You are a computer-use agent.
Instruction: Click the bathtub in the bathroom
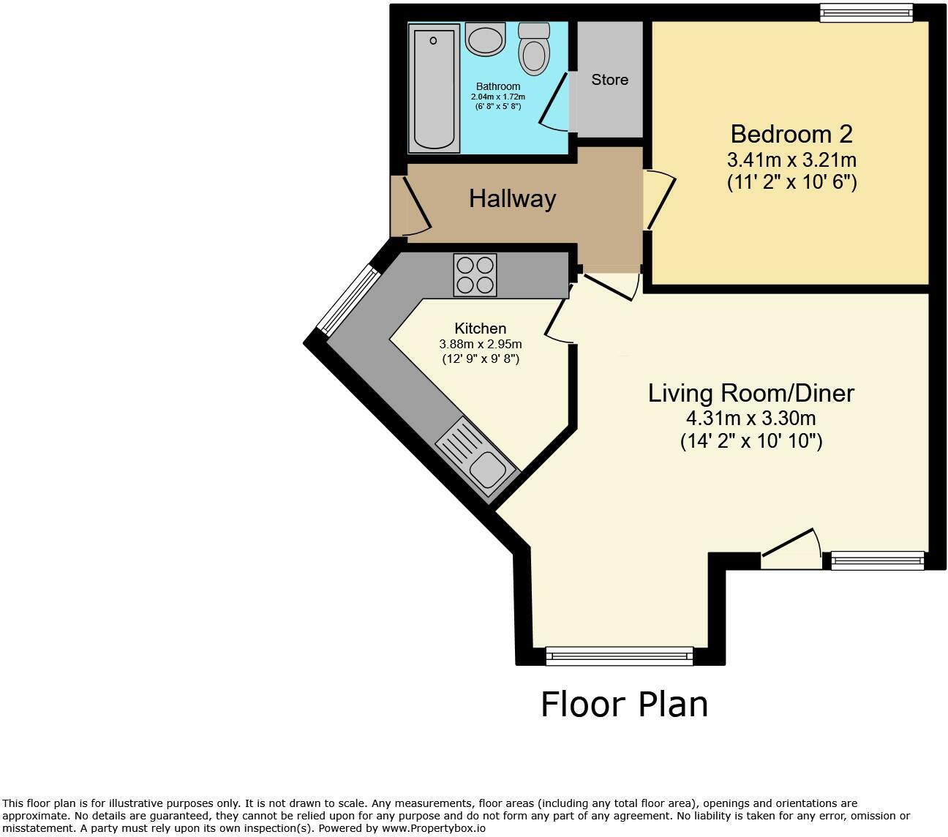point(434,88)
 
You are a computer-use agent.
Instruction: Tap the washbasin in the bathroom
point(485,39)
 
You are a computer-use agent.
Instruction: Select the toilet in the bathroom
point(534,50)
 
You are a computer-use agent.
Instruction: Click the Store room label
point(609,80)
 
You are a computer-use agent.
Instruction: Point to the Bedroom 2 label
point(791,134)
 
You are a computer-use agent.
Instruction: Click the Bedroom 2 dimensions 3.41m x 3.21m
point(791,159)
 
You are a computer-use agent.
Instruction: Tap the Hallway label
point(512,199)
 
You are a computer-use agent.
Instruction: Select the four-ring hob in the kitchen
point(475,275)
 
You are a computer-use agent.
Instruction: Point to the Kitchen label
point(480,329)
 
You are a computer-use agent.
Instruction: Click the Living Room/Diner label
point(750,394)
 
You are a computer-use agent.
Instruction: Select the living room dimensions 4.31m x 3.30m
point(750,419)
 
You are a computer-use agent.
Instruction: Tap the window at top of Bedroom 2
point(866,13)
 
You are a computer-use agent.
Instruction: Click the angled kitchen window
point(348,300)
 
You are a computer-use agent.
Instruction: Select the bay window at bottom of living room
point(619,656)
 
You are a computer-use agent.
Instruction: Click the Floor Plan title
point(624,705)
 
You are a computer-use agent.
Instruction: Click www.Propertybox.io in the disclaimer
point(433,829)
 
